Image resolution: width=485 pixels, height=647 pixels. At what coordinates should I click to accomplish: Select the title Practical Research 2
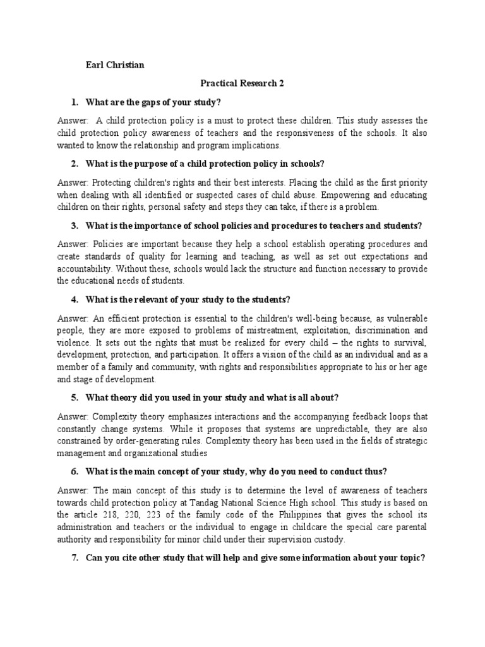[242, 84]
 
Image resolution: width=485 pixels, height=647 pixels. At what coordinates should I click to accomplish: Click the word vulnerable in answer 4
[404, 317]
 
